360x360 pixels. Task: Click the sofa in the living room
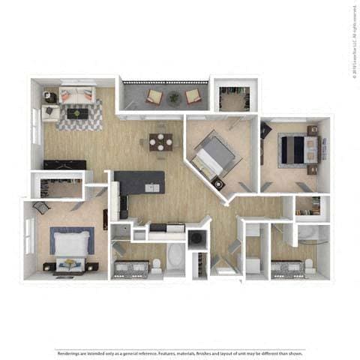(x=76, y=95)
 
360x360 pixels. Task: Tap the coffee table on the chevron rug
(x=76, y=113)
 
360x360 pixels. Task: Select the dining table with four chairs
(x=160, y=140)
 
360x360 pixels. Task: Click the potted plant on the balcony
(x=174, y=96)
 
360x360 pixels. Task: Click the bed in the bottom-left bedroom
(x=72, y=243)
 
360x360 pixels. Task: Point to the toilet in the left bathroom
(x=156, y=264)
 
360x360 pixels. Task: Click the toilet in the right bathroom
(x=309, y=264)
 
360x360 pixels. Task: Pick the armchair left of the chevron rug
(x=50, y=112)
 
